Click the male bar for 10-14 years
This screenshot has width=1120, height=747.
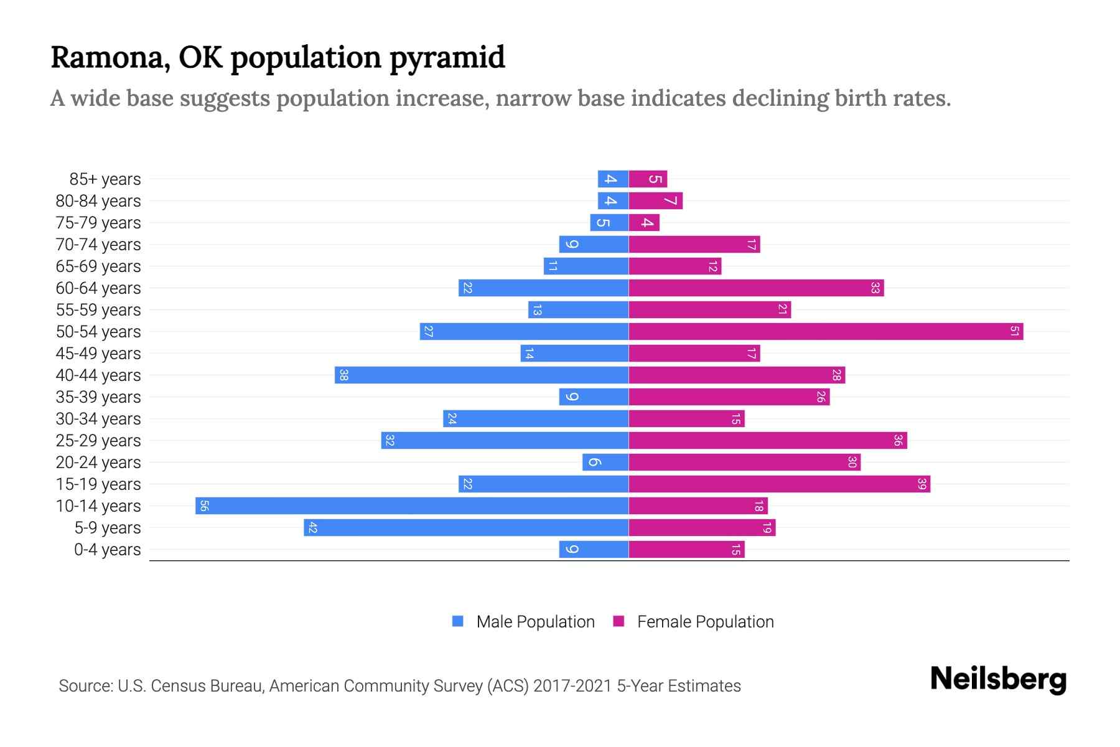(x=412, y=505)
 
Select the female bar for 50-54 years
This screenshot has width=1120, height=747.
(x=826, y=331)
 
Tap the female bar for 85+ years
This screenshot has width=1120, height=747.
(x=648, y=179)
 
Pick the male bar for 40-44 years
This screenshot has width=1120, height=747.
(x=482, y=375)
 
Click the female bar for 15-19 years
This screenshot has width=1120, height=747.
(x=779, y=484)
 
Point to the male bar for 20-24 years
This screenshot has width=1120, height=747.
(x=605, y=462)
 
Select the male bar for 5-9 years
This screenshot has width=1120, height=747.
(x=466, y=527)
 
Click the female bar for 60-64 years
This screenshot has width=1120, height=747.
(x=756, y=288)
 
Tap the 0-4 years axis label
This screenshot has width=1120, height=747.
(x=107, y=550)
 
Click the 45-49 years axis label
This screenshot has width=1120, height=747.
(x=98, y=354)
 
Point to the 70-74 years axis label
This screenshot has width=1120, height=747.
(x=98, y=245)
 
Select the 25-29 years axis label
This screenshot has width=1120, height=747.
(x=98, y=441)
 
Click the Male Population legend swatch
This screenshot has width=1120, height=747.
(x=458, y=621)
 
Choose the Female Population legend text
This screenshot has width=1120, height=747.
(x=705, y=621)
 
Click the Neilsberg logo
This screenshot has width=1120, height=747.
(x=998, y=679)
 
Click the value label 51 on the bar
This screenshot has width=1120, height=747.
(x=1014, y=331)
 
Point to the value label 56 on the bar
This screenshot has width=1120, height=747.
(x=204, y=505)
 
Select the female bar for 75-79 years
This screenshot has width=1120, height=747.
(x=644, y=222)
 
